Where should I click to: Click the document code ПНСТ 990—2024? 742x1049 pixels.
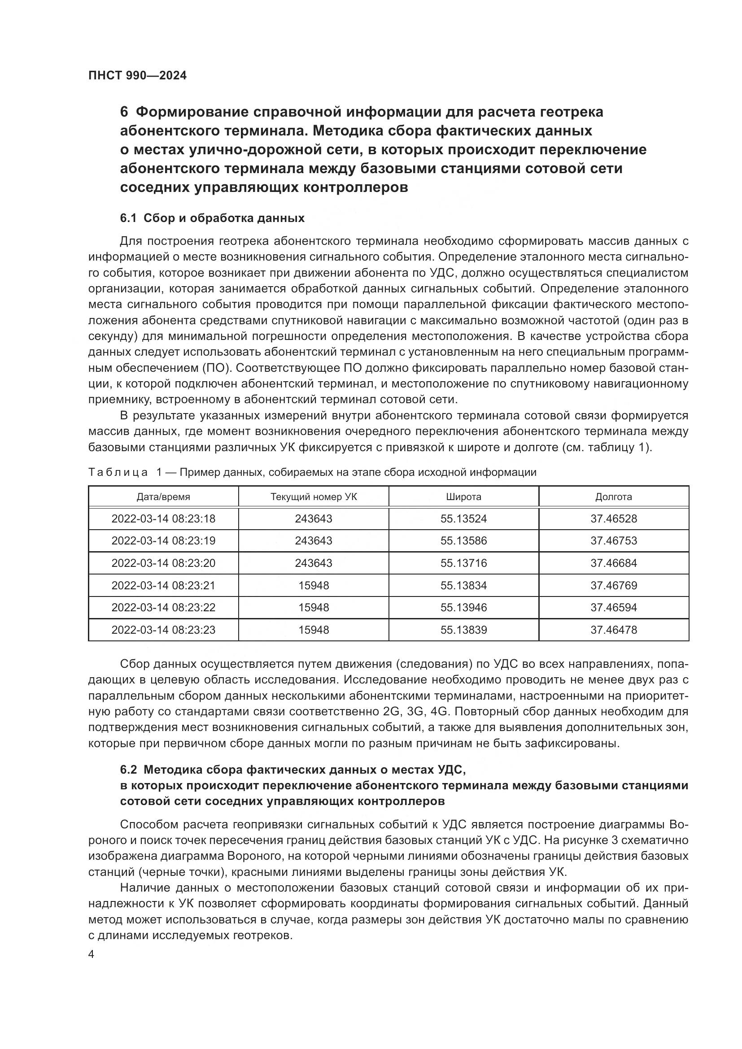pos(138,76)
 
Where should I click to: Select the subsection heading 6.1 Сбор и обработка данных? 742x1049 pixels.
pos(212,218)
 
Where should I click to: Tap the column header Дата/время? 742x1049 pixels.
pos(163,496)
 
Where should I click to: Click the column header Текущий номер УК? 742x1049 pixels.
pos(314,496)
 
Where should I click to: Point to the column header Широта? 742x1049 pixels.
pos(463,496)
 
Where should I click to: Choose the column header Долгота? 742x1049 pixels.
pos(613,496)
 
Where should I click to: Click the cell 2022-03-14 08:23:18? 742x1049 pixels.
pos(163,519)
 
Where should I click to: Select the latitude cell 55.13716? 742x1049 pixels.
pos(463,563)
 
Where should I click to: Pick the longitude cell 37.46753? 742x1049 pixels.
pos(613,541)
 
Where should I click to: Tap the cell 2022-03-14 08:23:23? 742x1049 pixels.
pos(163,630)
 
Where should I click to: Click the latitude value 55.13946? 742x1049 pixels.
pos(463,608)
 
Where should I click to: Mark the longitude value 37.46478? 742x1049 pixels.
pos(613,630)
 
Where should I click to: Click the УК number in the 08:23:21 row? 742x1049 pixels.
pos(314,586)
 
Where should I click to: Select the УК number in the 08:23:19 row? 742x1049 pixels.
pos(314,541)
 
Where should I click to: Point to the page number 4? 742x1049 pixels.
pos(92,955)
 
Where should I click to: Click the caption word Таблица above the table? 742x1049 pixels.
pos(118,472)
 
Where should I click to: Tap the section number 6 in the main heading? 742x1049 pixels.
pos(124,112)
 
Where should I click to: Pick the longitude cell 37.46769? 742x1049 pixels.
pos(613,586)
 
